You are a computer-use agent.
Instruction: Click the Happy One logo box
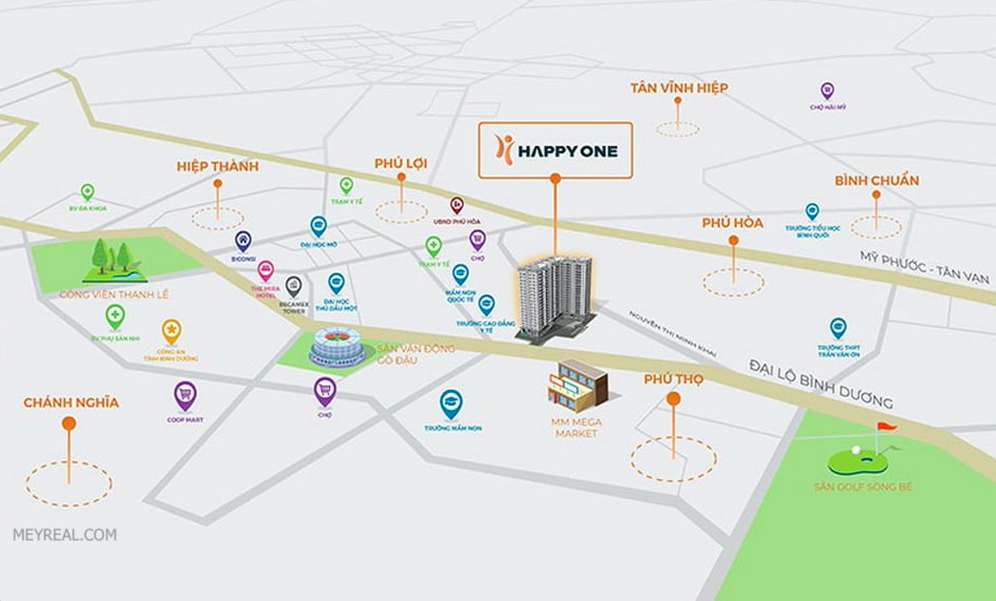(555, 149)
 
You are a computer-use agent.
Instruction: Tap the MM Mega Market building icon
(577, 385)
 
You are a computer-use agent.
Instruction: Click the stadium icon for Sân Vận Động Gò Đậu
(337, 348)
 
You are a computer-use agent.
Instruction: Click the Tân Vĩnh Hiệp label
(679, 89)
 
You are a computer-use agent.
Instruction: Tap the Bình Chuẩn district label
(876, 180)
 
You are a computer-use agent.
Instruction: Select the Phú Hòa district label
(732, 224)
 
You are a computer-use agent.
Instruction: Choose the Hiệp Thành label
(217, 167)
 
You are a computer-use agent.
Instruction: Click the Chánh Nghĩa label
(71, 402)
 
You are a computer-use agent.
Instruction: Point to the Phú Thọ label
(673, 379)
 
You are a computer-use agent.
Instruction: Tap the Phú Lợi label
(401, 163)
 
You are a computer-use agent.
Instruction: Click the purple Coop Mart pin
(184, 396)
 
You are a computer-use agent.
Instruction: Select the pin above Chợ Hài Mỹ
(827, 91)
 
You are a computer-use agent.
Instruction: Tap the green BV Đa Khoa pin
(87, 192)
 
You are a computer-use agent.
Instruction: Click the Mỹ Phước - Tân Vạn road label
(923, 267)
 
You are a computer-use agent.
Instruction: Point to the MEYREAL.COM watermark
(64, 535)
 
